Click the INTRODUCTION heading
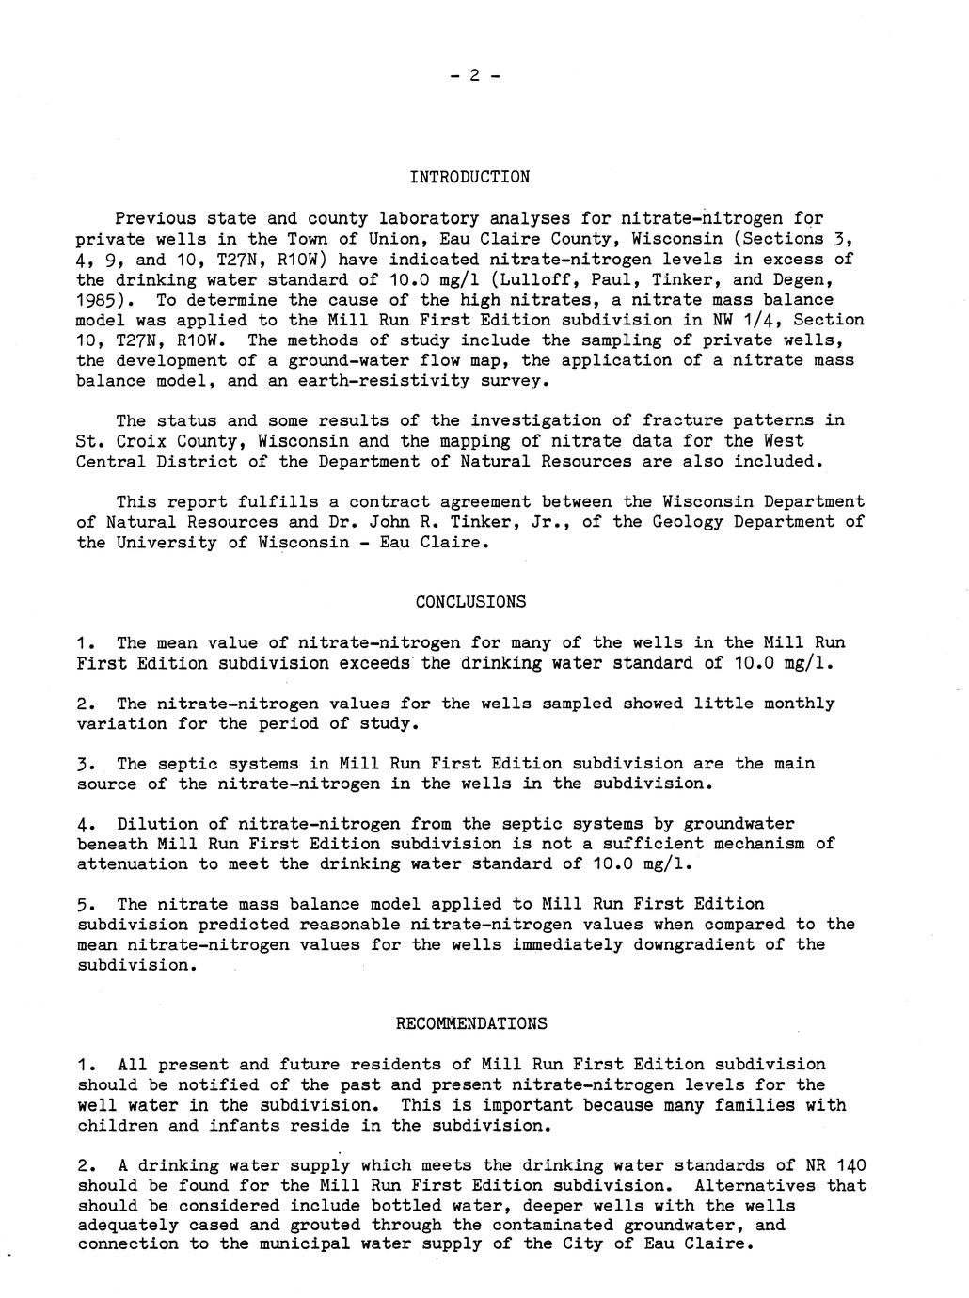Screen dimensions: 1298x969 click(x=469, y=177)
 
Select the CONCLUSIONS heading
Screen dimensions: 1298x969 click(x=470, y=602)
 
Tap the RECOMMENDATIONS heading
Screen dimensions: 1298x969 click(x=470, y=1023)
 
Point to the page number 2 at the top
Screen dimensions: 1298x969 click(x=475, y=75)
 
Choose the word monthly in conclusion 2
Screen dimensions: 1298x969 click(x=799, y=704)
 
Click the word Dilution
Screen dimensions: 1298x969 click(x=157, y=824)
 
